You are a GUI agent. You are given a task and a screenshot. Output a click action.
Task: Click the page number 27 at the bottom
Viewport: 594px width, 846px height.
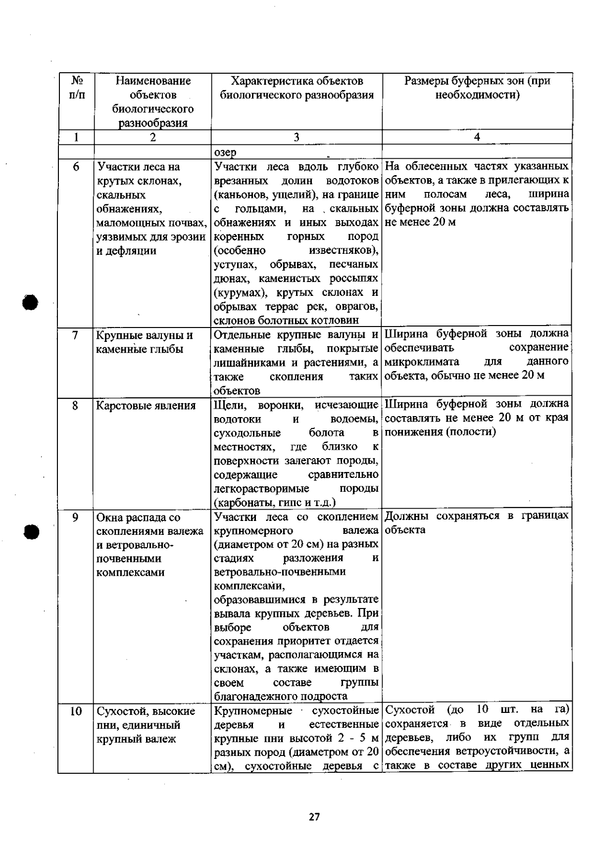pos(314,817)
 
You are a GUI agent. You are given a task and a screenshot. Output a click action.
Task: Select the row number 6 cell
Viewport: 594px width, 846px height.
pos(76,167)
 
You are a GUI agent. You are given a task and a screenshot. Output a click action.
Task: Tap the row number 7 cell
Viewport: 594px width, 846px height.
pos(76,335)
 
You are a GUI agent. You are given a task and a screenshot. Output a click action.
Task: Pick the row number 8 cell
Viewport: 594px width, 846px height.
pos(76,406)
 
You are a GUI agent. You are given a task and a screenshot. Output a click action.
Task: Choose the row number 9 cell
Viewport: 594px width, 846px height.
pos(76,517)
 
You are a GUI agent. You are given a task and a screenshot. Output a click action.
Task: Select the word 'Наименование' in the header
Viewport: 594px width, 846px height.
pos(153,81)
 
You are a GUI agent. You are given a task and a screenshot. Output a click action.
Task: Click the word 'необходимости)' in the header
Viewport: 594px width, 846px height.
pos(477,94)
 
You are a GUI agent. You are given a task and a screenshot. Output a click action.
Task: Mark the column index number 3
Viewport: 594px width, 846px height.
pos(297,138)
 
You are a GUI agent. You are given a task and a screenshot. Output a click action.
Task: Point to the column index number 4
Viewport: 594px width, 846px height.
pos(477,138)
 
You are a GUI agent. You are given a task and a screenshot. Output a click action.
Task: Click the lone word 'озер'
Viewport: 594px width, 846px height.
pos(225,152)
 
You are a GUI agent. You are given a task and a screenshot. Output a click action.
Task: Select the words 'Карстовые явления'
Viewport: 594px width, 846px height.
pos(146,406)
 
